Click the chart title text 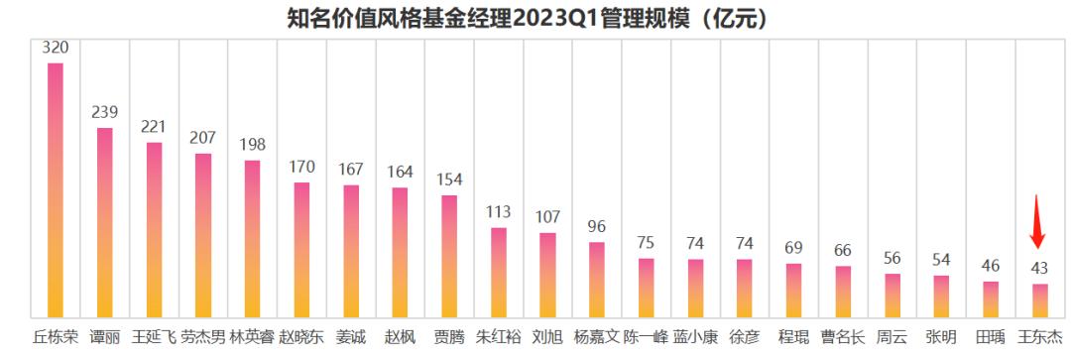click(x=536, y=18)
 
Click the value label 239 click(x=104, y=112)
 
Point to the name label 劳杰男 click(x=202, y=336)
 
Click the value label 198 click(x=252, y=145)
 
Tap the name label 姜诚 click(x=351, y=336)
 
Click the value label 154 click(x=449, y=180)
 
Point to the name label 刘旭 click(x=547, y=336)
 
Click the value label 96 click(x=597, y=226)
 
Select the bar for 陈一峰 click(x=647, y=288)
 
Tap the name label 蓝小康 click(x=695, y=336)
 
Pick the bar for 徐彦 click(x=745, y=289)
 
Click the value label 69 click(x=793, y=247)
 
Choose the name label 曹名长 click(x=843, y=336)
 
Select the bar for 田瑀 click(x=991, y=300)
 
